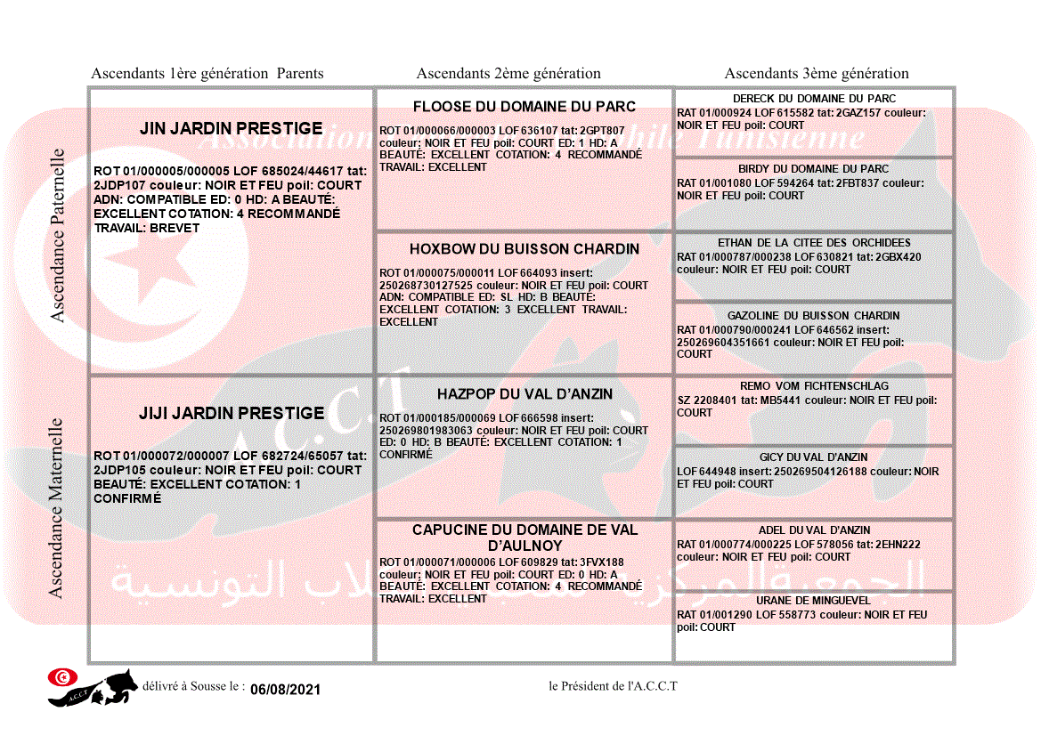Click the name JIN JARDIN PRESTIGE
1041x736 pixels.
(x=231, y=129)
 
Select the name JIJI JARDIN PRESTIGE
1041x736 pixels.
(x=231, y=414)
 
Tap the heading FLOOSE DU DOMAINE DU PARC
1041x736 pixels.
(x=525, y=107)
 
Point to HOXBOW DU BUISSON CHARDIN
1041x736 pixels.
(x=525, y=249)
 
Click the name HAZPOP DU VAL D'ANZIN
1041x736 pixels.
(x=525, y=394)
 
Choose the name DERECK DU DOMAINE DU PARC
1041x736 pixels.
(x=814, y=99)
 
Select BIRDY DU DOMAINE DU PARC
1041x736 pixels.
(x=814, y=169)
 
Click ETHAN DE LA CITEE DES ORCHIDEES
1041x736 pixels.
(x=814, y=243)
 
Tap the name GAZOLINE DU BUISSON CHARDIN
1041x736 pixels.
(x=814, y=316)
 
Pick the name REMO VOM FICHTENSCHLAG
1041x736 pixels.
(x=814, y=387)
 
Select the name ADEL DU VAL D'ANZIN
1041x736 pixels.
(x=814, y=530)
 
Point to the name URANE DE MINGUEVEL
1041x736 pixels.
(x=814, y=601)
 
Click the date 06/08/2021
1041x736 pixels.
(x=285, y=690)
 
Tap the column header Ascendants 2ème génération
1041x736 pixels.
(x=508, y=74)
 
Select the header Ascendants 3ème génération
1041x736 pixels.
(x=817, y=74)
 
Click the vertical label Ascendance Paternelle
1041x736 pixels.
(x=58, y=235)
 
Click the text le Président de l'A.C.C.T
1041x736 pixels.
(x=613, y=686)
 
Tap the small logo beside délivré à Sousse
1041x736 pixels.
(x=93, y=687)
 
